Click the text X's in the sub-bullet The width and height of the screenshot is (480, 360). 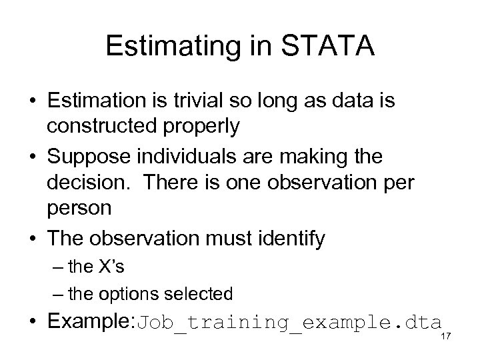[x=110, y=267]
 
